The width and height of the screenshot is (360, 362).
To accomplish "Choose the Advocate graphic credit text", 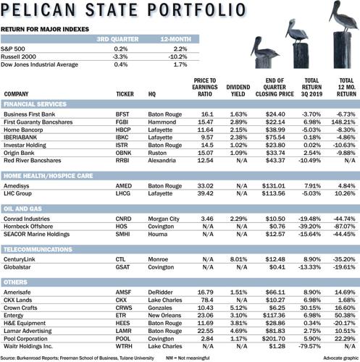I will click(x=335, y=357).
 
